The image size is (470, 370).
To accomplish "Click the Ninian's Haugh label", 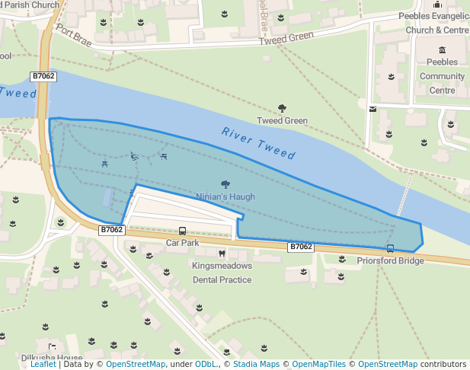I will (225, 196).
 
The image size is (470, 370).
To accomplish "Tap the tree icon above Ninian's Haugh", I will (225, 184).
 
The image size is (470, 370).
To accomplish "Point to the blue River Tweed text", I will (258, 142).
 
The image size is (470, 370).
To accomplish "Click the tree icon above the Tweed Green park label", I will (282, 109).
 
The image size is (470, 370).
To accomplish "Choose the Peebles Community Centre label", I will (442, 75).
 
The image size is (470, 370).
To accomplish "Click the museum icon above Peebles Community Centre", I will (443, 49).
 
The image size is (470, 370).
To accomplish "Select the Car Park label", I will (182, 243).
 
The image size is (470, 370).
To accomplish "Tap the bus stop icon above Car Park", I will (182, 231).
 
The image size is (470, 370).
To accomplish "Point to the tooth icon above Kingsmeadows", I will (222, 253).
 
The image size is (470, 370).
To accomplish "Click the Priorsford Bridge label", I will (390, 260).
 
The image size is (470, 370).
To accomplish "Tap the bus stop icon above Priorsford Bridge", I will (390, 248).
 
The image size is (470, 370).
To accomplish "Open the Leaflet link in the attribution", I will (43, 364).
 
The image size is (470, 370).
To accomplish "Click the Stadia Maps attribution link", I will (255, 364).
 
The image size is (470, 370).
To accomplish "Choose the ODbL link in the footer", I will (206, 364).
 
